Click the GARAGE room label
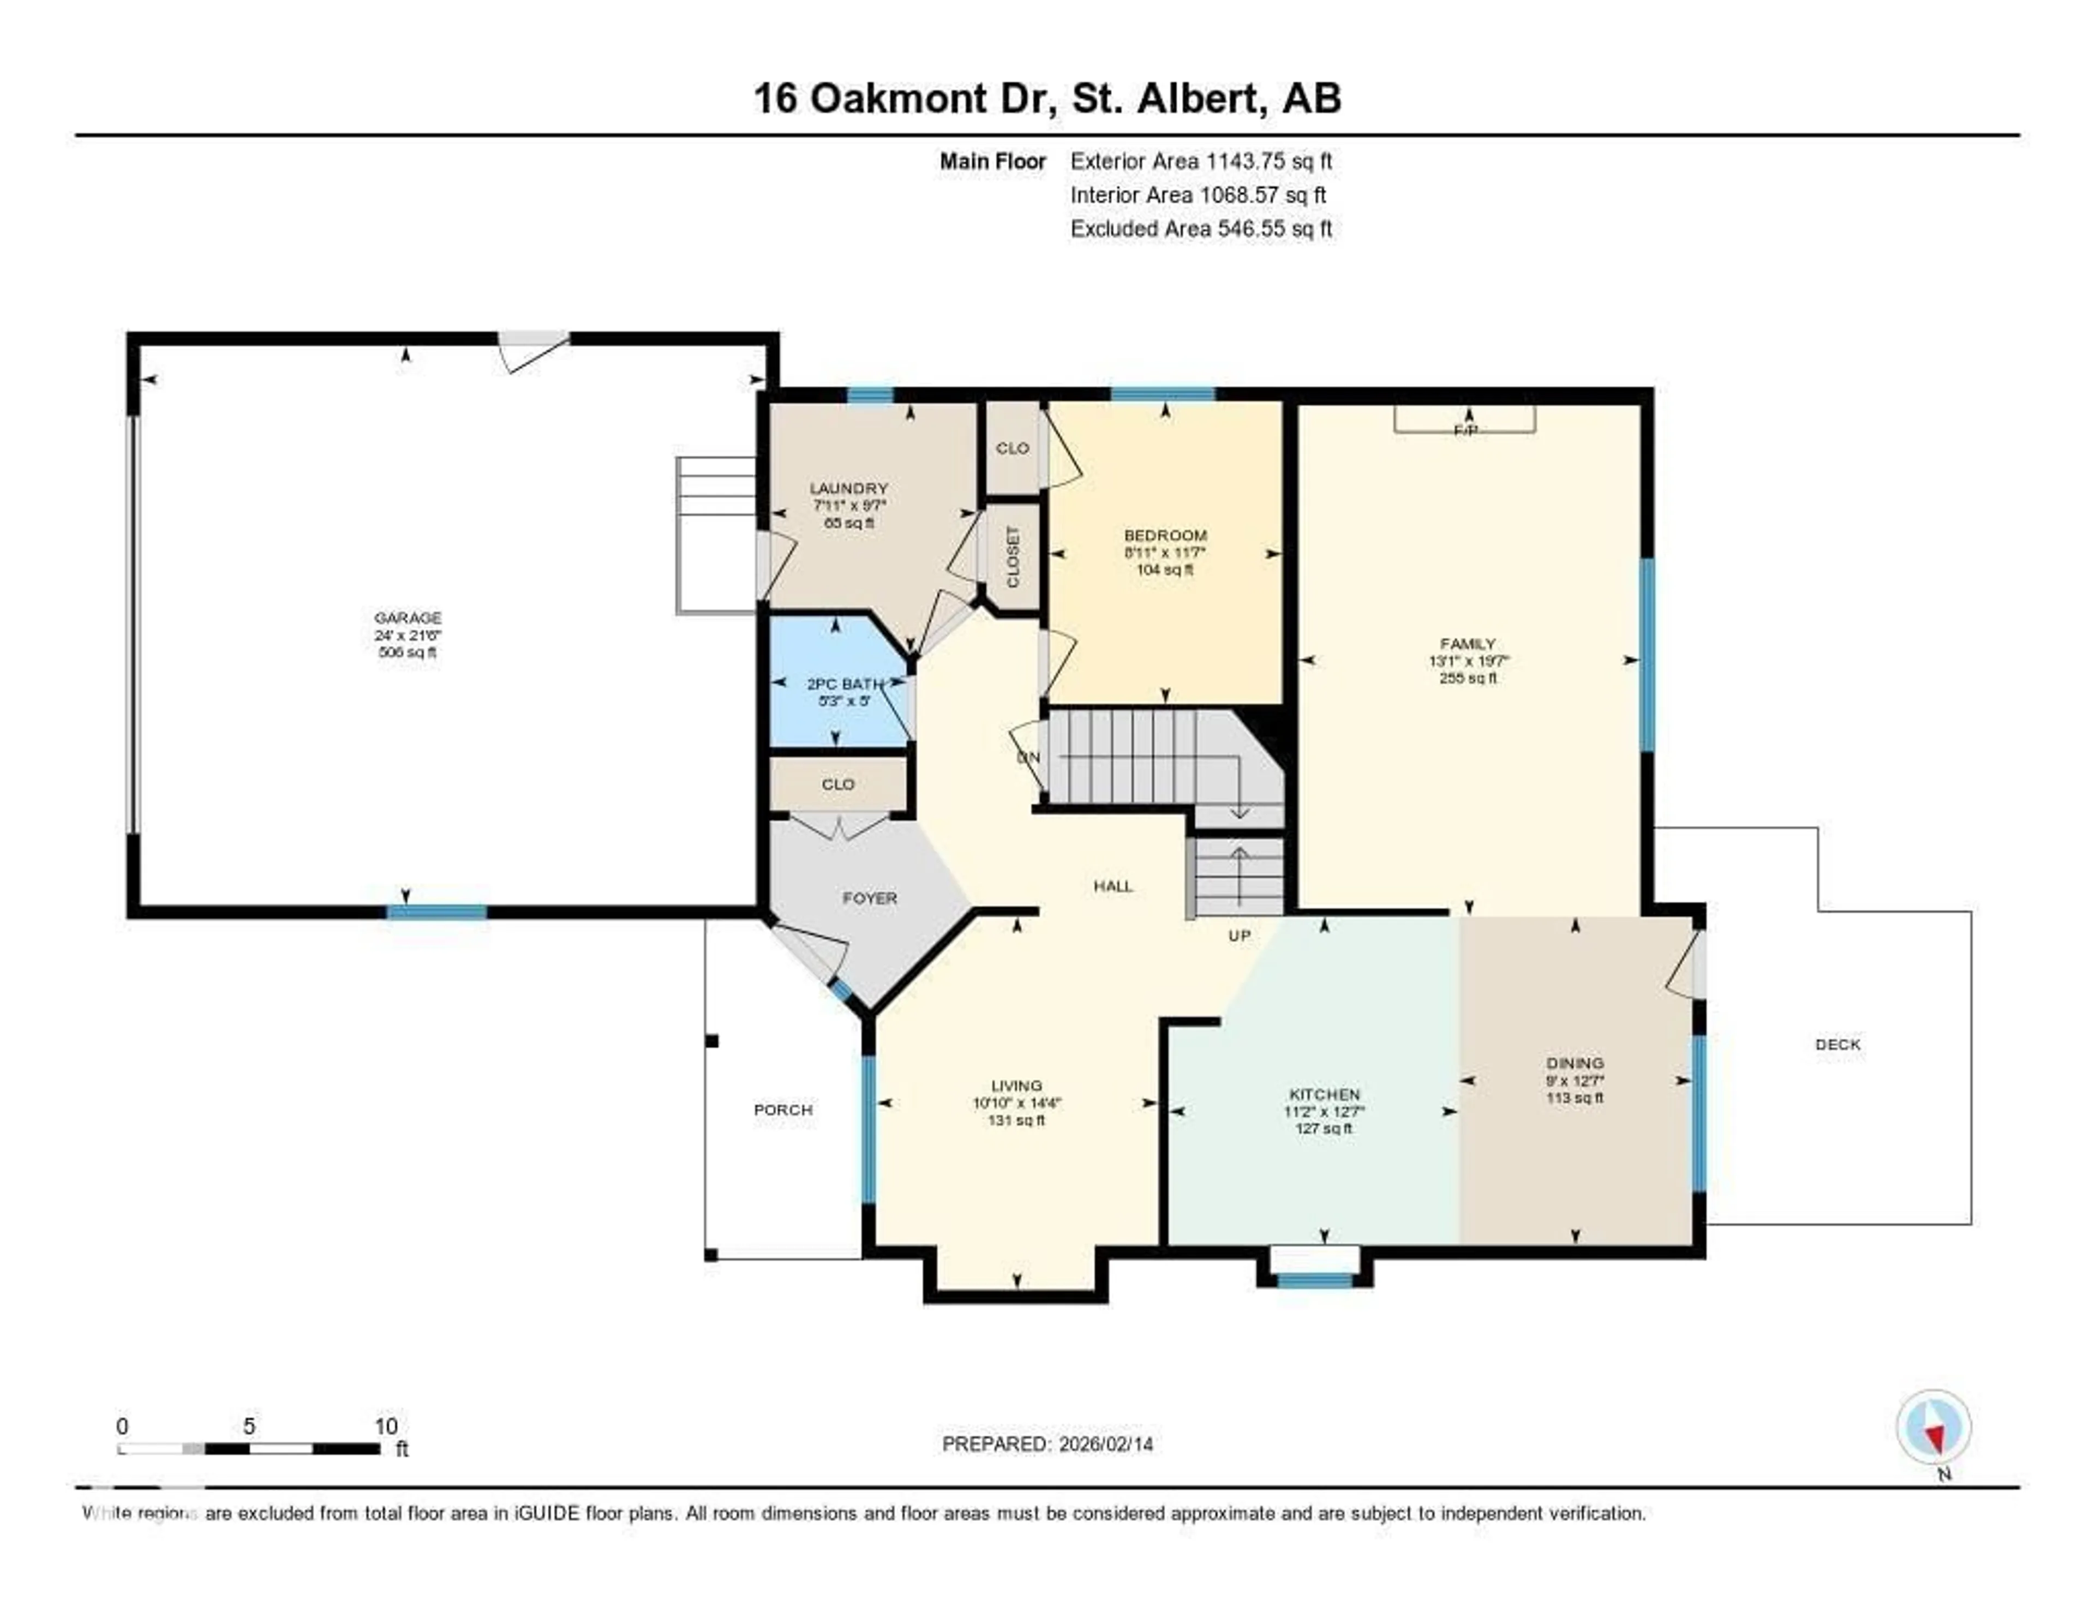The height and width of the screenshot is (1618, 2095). pyautogui.click(x=408, y=618)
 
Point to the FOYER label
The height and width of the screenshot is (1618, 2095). pyautogui.click(x=869, y=898)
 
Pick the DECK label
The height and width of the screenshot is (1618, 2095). pyautogui.click(x=1837, y=1045)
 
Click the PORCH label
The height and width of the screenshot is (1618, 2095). pyautogui.click(x=783, y=1110)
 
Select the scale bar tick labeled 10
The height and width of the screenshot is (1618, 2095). pyautogui.click(x=386, y=1426)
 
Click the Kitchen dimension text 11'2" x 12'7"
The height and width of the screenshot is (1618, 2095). pyautogui.click(x=1324, y=1112)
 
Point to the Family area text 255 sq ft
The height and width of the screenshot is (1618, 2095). pyautogui.click(x=1468, y=678)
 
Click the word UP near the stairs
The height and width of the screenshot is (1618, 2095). pyautogui.click(x=1240, y=935)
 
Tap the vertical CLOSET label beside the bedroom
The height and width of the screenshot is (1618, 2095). pyautogui.click(x=1013, y=556)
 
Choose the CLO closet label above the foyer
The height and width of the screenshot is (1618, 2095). pyautogui.click(x=837, y=784)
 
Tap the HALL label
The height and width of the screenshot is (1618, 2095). pyautogui.click(x=1113, y=886)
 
